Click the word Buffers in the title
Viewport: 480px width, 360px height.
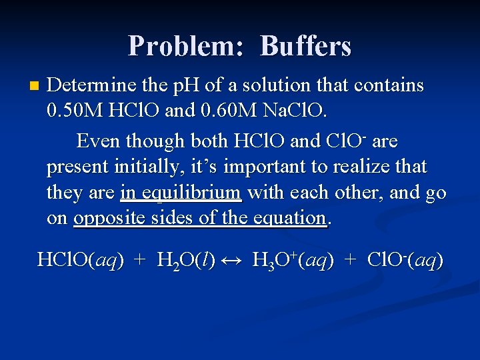[306, 45]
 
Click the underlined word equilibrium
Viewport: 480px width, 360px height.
[181, 193]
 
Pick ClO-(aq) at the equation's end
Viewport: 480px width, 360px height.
[405, 260]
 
